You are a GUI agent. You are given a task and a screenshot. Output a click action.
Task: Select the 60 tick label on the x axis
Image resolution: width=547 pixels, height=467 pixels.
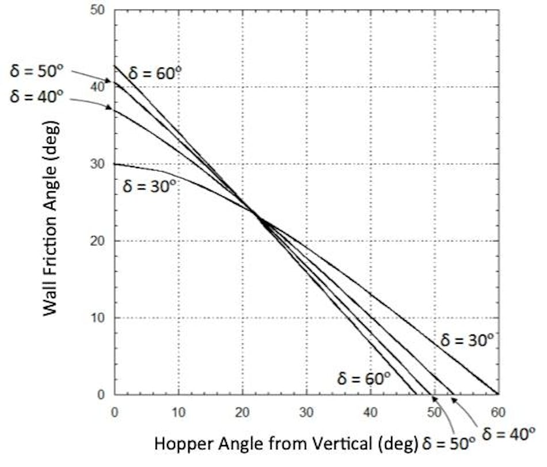click(497, 412)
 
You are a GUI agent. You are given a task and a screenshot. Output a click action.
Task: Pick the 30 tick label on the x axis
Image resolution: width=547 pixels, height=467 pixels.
click(306, 412)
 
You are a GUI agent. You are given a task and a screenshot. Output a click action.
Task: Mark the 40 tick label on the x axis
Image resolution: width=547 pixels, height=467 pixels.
click(370, 412)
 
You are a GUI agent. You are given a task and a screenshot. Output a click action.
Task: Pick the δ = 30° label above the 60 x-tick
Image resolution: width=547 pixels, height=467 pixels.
click(467, 340)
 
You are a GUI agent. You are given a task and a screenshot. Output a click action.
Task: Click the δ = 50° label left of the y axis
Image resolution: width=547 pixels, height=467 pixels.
click(37, 71)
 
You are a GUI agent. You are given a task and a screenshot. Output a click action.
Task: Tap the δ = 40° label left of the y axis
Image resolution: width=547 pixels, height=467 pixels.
click(37, 96)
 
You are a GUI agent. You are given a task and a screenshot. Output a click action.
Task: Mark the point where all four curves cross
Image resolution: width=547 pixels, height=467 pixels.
click(257, 217)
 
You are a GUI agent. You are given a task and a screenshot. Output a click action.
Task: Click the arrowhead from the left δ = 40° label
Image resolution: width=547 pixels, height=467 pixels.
click(111, 107)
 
